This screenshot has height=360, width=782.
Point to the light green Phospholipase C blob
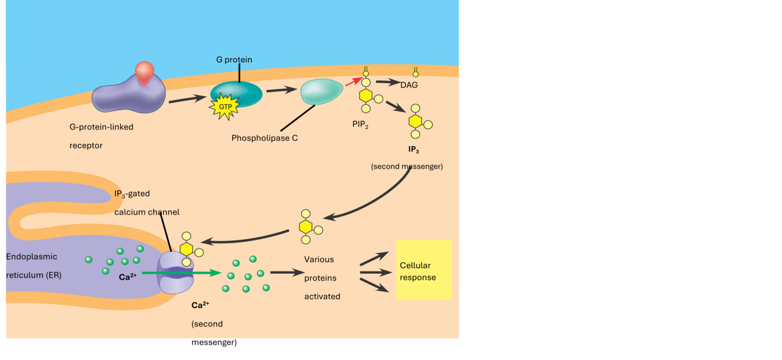pyautogui.click(x=321, y=91)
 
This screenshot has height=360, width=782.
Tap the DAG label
pyautogui.click(x=409, y=85)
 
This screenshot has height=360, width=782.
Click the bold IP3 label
pyautogui.click(x=413, y=150)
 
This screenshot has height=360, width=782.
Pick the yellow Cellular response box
pyautogui.click(x=424, y=270)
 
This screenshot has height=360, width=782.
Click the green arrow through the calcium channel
pyautogui.click(x=182, y=273)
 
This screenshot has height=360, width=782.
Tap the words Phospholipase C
pyautogui.click(x=265, y=138)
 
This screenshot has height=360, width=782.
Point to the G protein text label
pyautogui.click(x=234, y=60)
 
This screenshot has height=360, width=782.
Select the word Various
pyautogui.click(x=319, y=259)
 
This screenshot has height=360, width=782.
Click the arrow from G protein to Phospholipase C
pyautogui.click(x=280, y=90)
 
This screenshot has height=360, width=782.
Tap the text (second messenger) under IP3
pyautogui.click(x=407, y=167)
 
